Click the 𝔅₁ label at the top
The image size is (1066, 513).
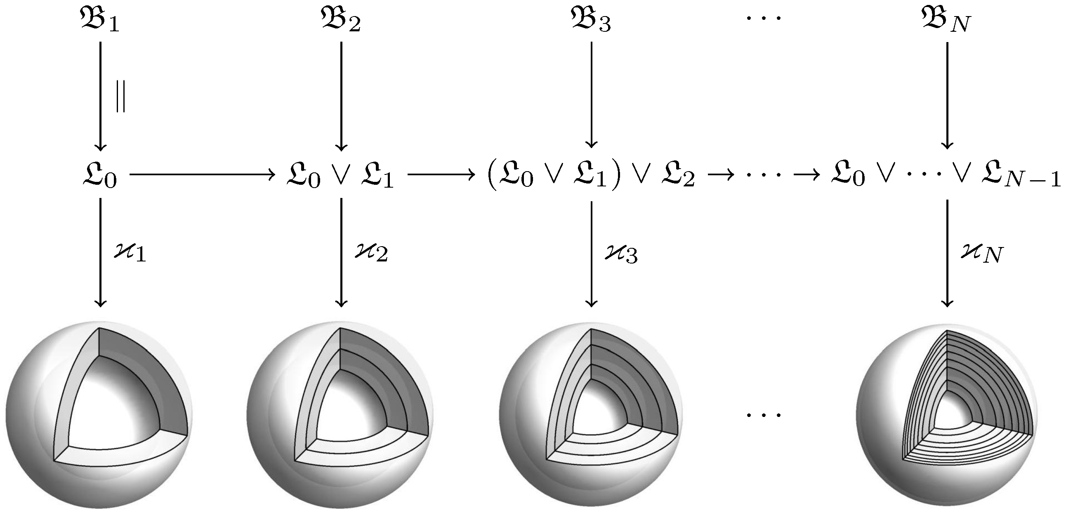[x=99, y=20]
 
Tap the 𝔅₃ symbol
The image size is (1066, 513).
[x=591, y=20]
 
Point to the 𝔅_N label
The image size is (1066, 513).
[x=946, y=20]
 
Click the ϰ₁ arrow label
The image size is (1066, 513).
[x=130, y=252]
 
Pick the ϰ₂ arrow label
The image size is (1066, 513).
[x=371, y=252]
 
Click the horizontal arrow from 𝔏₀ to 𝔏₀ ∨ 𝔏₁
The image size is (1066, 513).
[x=203, y=174]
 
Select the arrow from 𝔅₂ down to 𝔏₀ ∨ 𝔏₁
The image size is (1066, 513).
[x=341, y=96]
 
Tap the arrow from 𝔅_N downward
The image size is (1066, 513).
[x=947, y=95]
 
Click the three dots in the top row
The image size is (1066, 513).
[x=764, y=18]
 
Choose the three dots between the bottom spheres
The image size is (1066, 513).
[x=764, y=414]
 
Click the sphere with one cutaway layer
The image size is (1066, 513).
[x=99, y=415]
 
